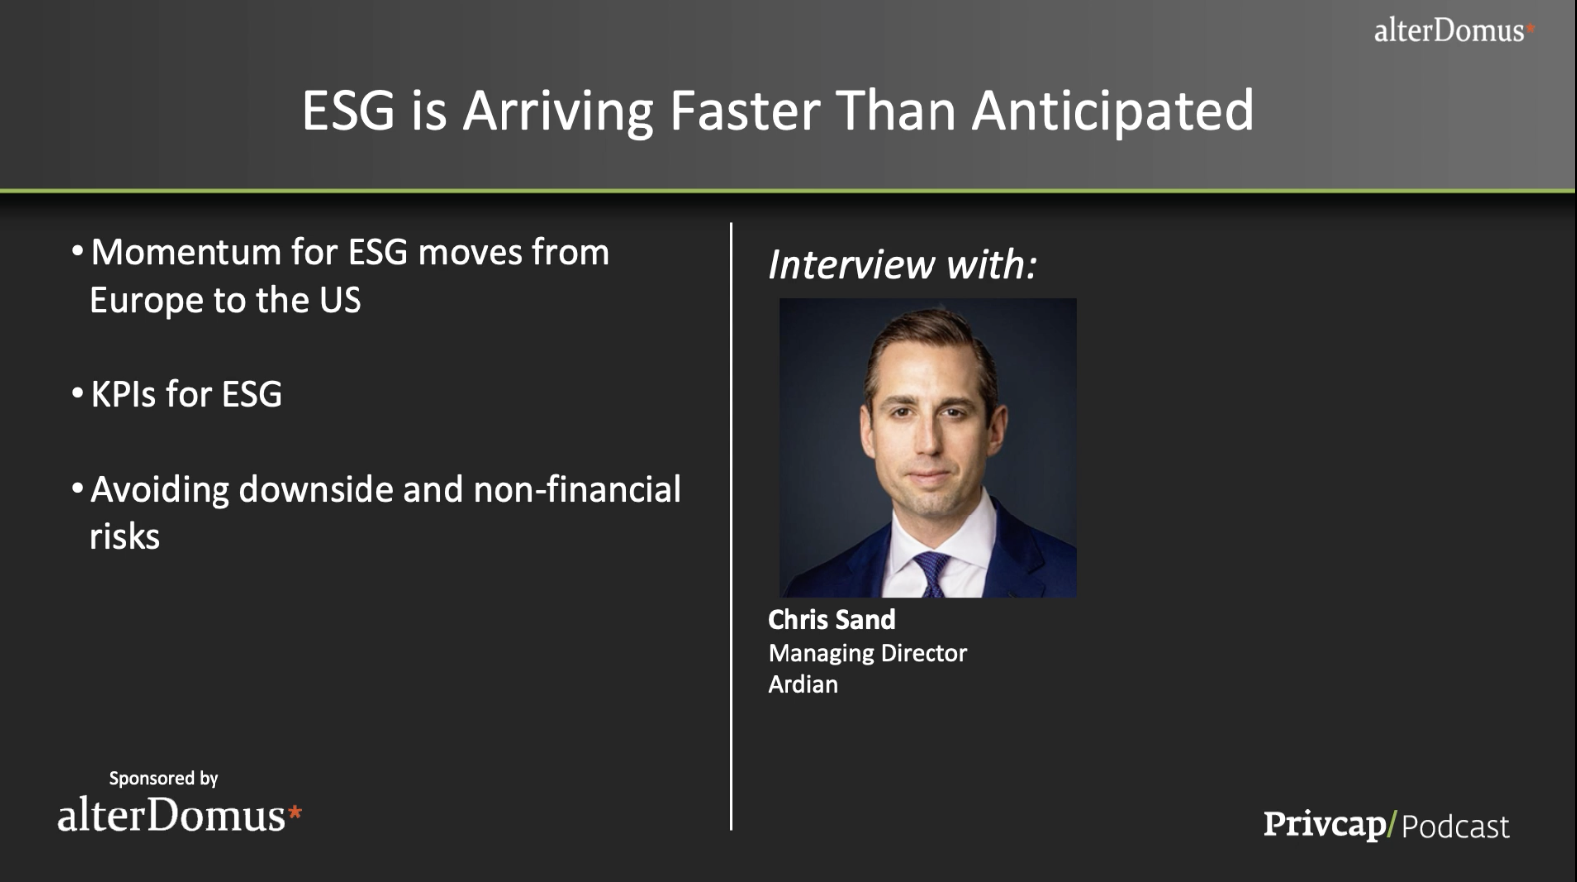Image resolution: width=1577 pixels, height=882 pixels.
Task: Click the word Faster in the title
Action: click(x=745, y=110)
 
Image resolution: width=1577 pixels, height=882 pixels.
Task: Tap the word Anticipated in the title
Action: click(x=1113, y=112)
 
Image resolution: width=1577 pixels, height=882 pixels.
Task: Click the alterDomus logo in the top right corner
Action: click(x=1455, y=30)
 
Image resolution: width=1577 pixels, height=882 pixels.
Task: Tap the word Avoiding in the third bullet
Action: click(x=160, y=490)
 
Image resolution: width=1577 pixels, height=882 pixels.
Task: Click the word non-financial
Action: click(x=577, y=489)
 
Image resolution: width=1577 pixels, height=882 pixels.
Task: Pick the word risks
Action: click(x=124, y=537)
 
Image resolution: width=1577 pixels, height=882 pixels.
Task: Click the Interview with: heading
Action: click(x=902, y=264)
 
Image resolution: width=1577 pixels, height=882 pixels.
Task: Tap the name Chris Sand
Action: click(x=831, y=620)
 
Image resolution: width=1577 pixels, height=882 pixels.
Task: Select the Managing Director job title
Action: click(x=867, y=654)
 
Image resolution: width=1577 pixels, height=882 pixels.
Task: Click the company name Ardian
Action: click(x=802, y=684)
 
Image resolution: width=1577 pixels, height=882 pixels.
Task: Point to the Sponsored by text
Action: click(x=163, y=778)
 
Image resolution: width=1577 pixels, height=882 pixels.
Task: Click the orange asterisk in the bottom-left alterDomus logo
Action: click(x=295, y=812)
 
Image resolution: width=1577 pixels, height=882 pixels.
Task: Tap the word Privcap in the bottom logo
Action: click(x=1325, y=825)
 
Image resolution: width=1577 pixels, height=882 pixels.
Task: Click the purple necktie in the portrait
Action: click(x=932, y=574)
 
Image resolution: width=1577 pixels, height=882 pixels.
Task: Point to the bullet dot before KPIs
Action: click(x=78, y=393)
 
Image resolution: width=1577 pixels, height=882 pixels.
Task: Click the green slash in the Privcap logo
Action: click(x=1392, y=824)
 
